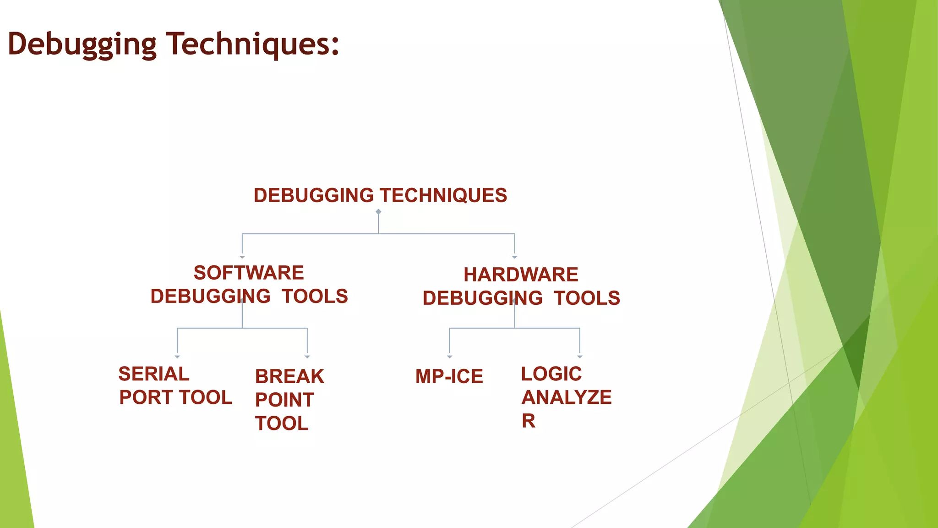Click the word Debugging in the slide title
tap(82, 45)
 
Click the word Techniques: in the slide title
tap(252, 44)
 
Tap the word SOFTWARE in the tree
tap(249, 273)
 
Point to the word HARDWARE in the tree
tap(521, 275)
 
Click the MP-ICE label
tap(449, 377)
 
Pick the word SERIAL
tap(154, 374)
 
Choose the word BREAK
tap(289, 377)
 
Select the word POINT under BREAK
tap(284, 400)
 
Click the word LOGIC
tap(551, 374)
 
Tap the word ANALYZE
tap(567, 397)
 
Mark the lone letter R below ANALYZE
tap(529, 421)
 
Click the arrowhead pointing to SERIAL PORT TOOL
tap(177, 357)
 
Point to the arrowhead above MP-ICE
tap(450, 357)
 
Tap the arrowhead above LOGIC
tap(580, 357)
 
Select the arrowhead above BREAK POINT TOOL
tap(307, 357)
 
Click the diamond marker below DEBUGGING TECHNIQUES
tap(378, 212)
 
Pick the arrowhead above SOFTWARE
tap(242, 257)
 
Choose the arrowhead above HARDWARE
tap(515, 257)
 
